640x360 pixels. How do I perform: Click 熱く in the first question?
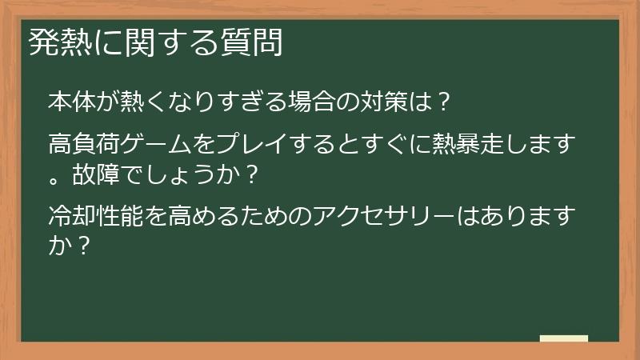coord(145,102)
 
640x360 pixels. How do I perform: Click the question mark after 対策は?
coord(445,102)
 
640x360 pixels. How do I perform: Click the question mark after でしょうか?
coord(252,172)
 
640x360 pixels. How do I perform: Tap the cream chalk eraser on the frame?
coord(564,338)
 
